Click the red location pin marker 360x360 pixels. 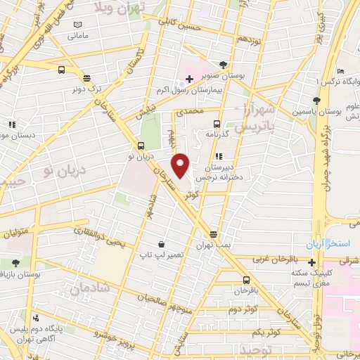pos(181,165)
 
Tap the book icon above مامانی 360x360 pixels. pos(77,25)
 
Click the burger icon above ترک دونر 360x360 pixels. pos(86,79)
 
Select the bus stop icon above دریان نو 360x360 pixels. pos(141,146)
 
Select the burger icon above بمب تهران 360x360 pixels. pos(214,234)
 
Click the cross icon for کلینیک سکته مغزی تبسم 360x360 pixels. pos(312,262)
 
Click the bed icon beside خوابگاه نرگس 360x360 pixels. pos(341,71)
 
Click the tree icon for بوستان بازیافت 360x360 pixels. pos(15,263)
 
